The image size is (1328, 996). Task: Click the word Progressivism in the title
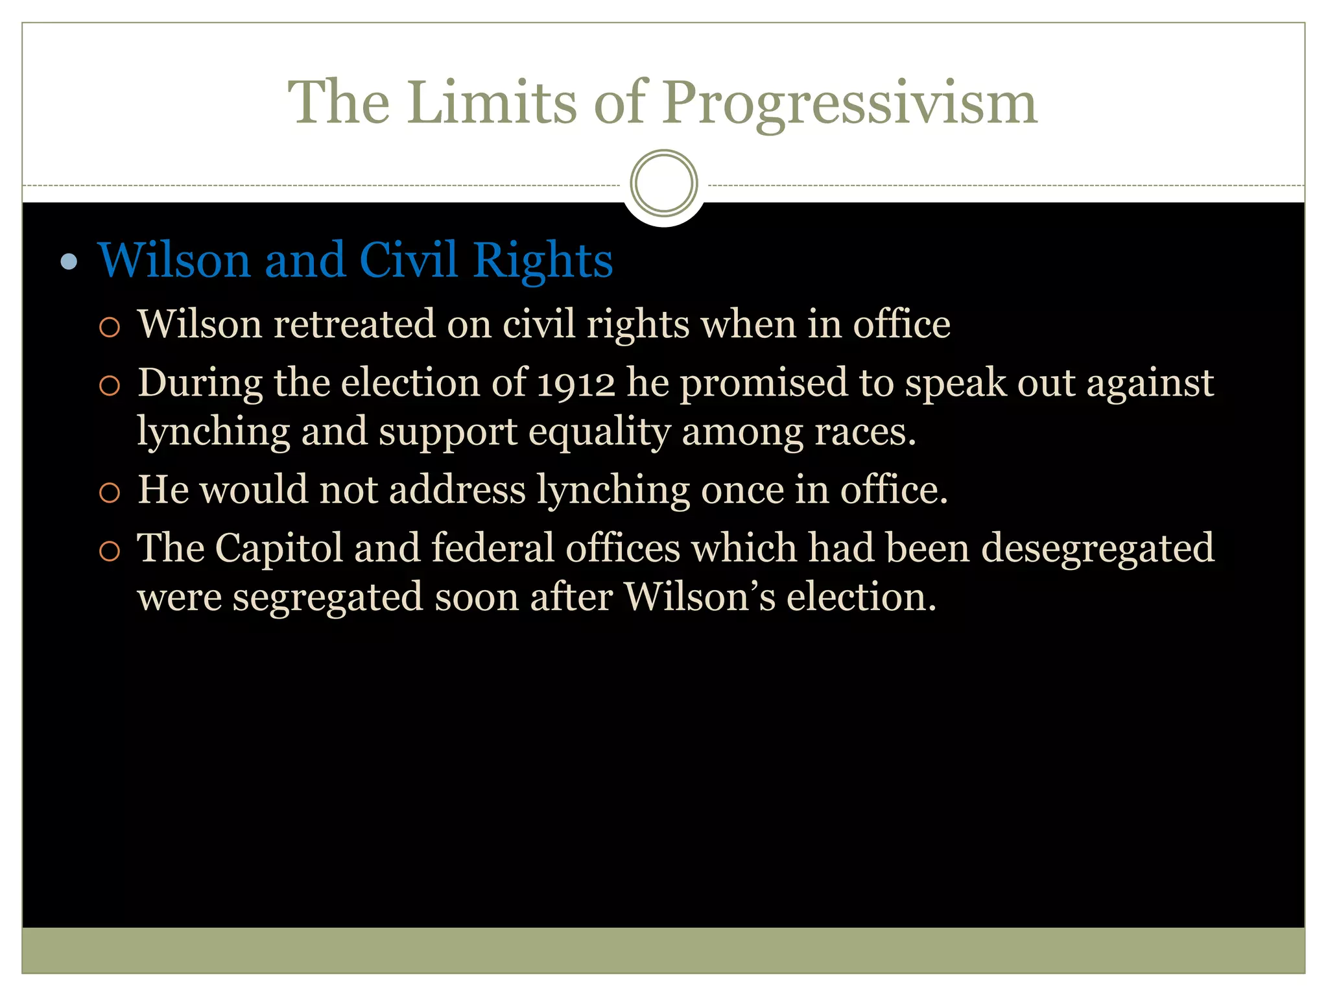tap(849, 104)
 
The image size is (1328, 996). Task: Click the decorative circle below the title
tap(663, 183)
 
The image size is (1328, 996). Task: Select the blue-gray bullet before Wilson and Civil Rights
tap(69, 262)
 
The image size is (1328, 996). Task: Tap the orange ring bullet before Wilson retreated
tap(110, 327)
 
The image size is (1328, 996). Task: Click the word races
tap(864, 433)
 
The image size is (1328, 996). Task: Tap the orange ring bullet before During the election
tap(110, 386)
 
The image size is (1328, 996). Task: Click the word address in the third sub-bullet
tap(457, 490)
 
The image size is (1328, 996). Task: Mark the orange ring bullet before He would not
tap(110, 493)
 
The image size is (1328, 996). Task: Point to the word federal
tap(492, 548)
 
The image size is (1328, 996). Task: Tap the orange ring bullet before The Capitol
tap(110, 551)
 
